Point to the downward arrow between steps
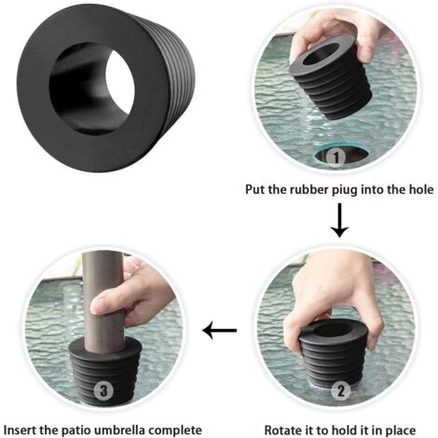pos(340,220)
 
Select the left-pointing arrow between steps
pos(221,330)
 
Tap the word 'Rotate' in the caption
pos(284,430)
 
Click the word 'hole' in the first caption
pos(418,190)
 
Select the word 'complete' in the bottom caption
pos(198,430)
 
